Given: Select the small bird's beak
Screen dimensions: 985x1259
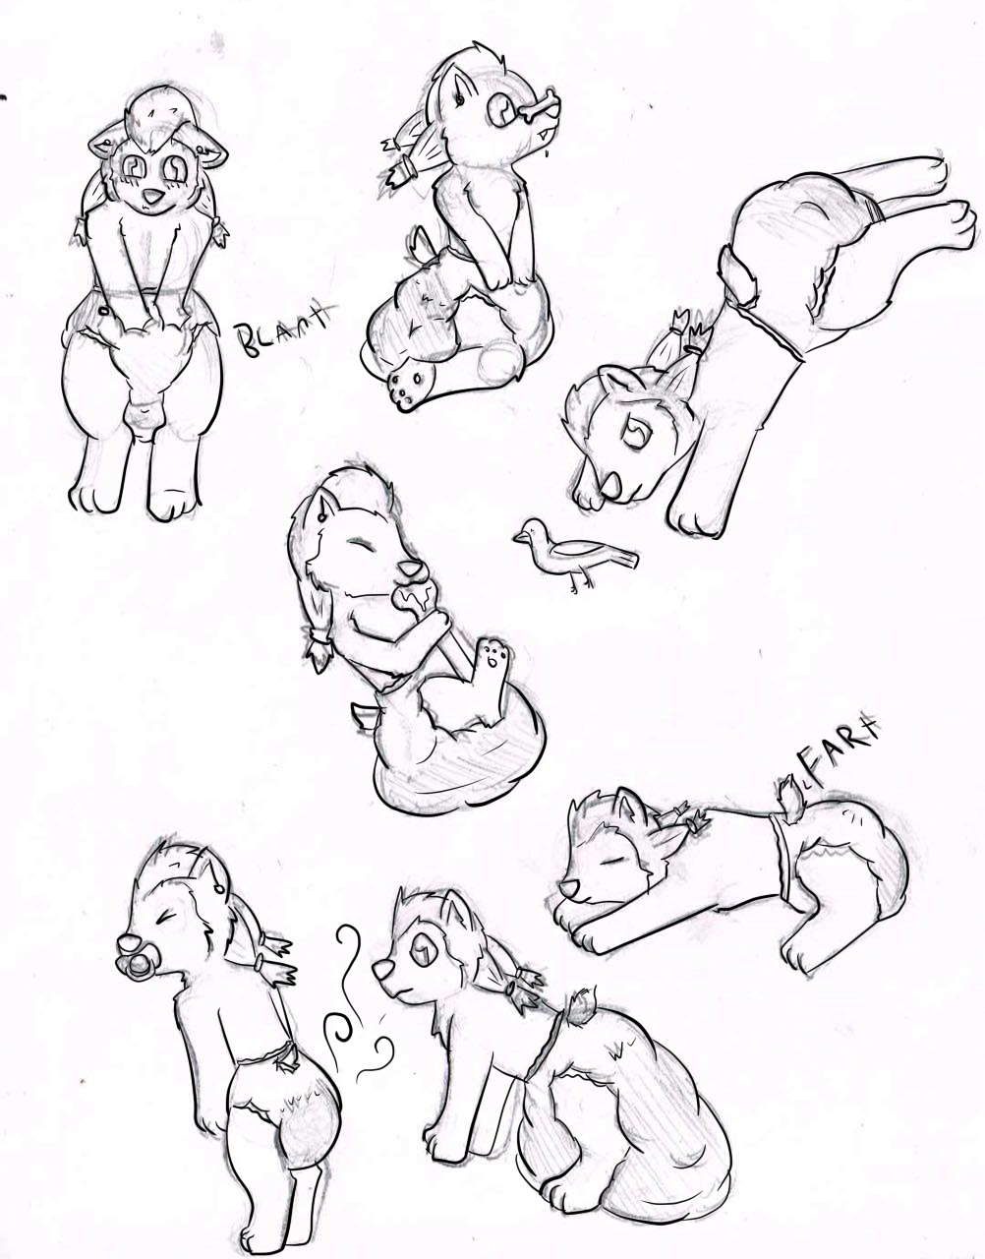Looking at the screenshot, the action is (516, 538).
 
